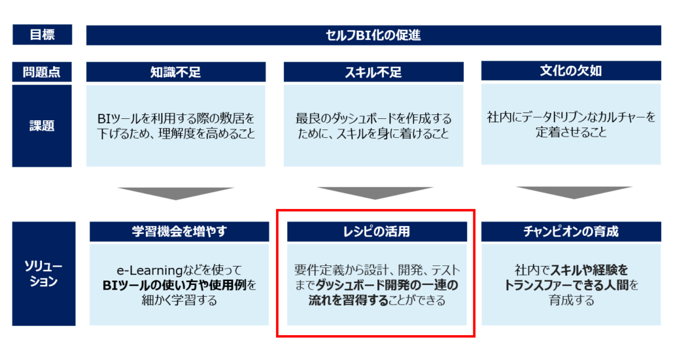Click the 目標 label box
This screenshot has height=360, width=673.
[42, 35]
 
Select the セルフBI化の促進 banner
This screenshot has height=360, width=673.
[373, 35]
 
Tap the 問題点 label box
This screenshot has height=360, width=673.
[41, 72]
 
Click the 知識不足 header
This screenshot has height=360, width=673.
[176, 72]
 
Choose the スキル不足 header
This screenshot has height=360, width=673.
[373, 72]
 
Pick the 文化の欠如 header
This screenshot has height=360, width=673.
[571, 71]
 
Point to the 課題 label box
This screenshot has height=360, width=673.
[41, 125]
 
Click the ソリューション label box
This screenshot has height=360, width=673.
[44, 274]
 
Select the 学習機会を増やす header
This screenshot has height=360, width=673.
[179, 232]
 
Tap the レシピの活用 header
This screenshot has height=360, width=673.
[377, 232]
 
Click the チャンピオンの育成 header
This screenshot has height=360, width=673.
[571, 232]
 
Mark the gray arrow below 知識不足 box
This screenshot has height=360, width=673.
[175, 193]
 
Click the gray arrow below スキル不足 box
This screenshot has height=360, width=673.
[375, 192]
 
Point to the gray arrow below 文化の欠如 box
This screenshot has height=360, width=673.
[574, 192]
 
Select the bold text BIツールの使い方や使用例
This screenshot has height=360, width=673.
[174, 285]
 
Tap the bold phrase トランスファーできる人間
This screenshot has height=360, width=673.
[567, 285]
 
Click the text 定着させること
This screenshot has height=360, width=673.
[571, 132]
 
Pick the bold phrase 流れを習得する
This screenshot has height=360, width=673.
[348, 300]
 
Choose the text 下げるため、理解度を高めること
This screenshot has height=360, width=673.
[176, 133]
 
